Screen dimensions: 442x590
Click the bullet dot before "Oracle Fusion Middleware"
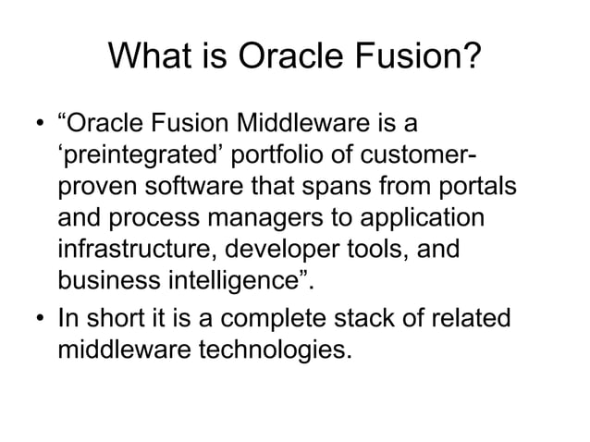[39, 124]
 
